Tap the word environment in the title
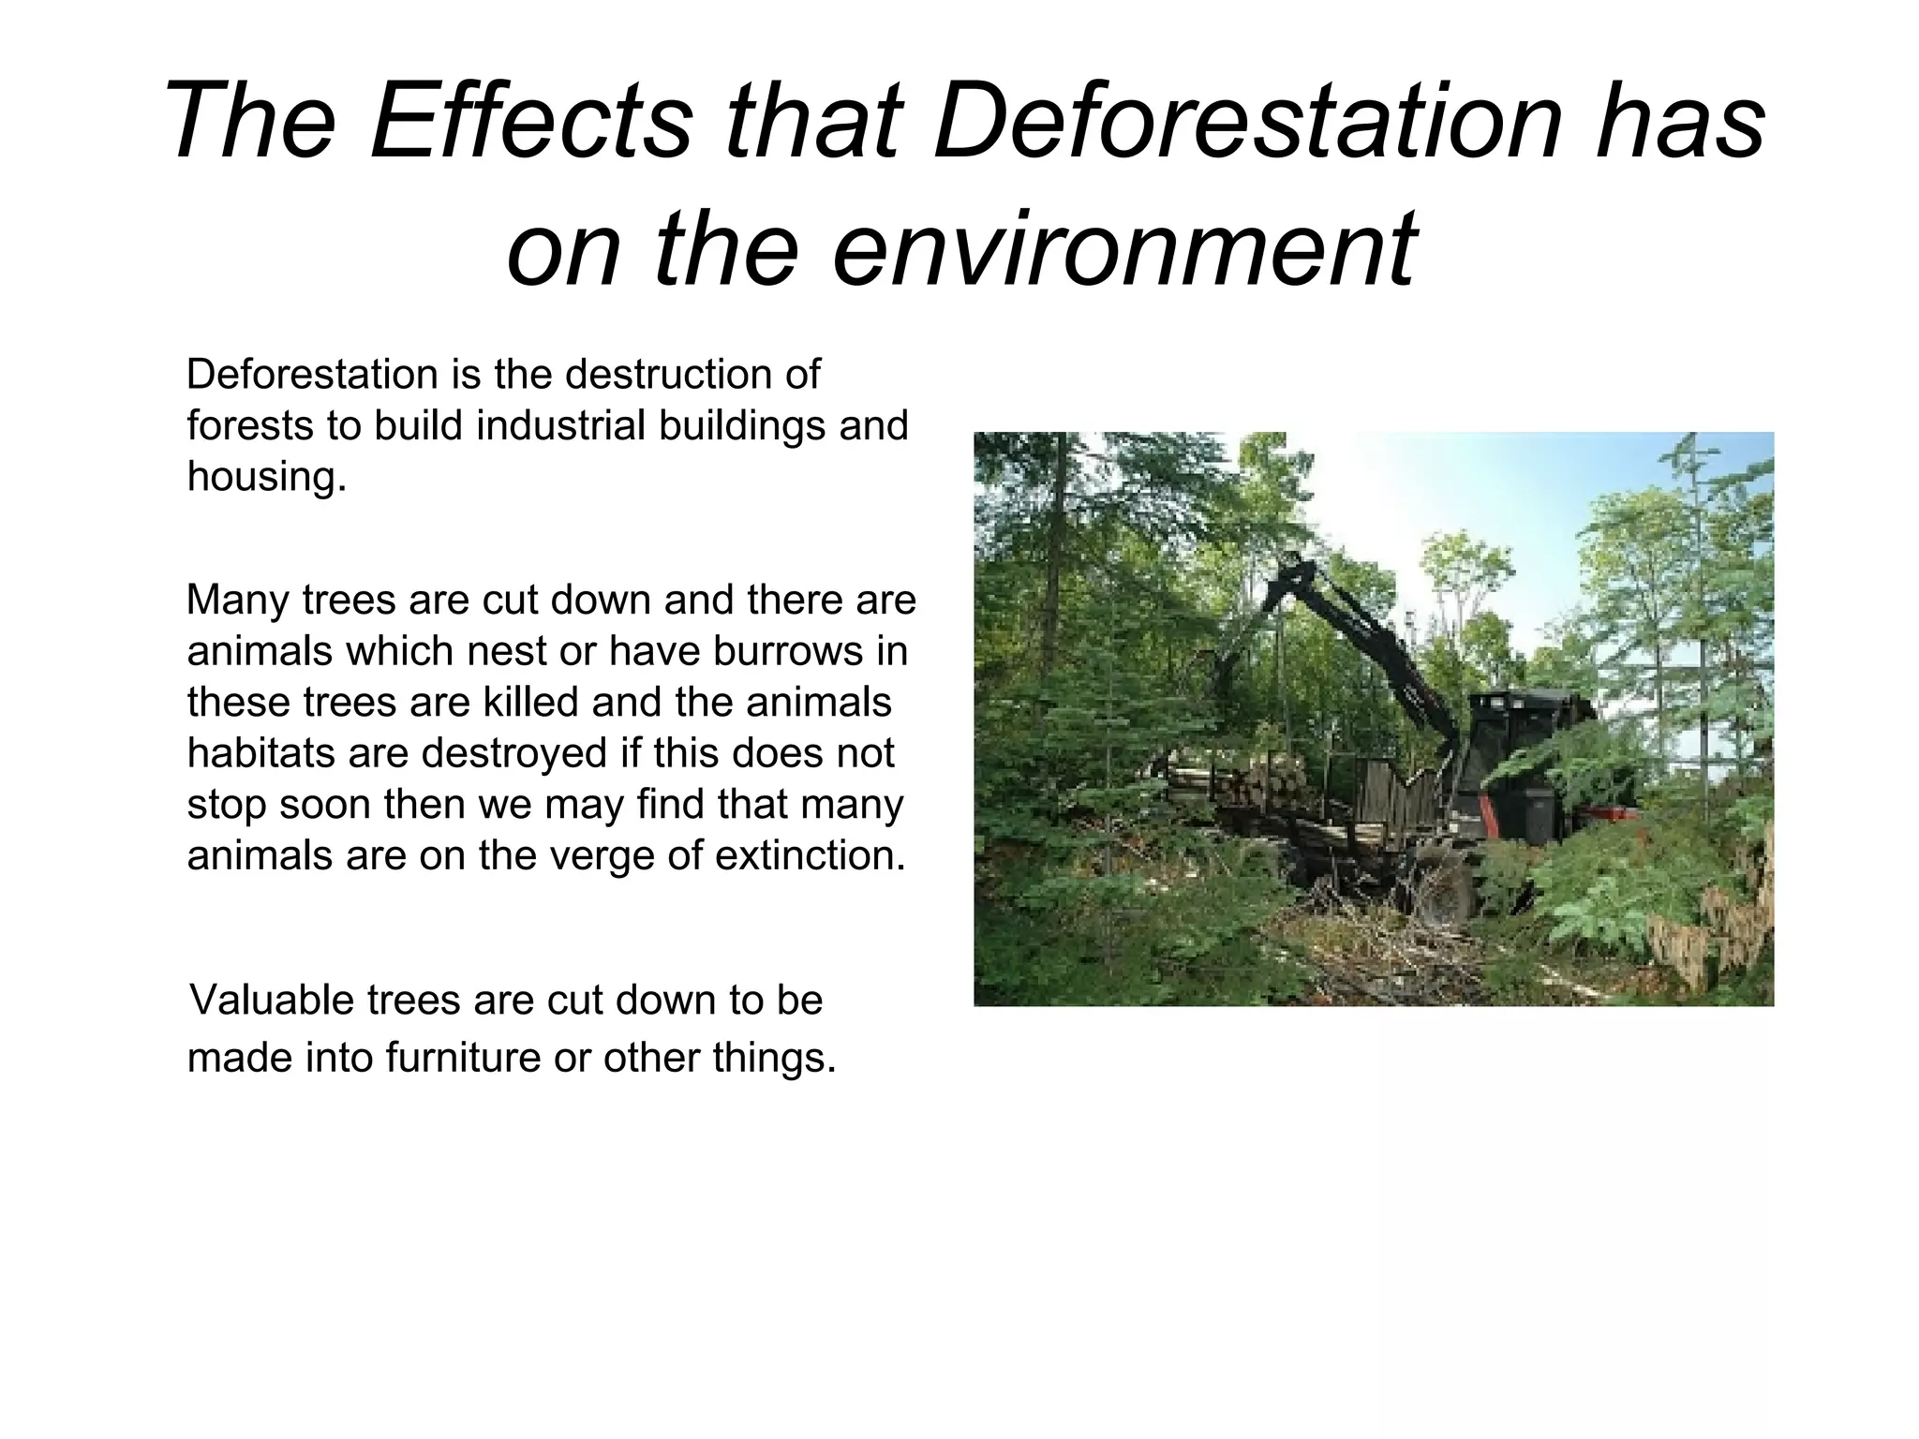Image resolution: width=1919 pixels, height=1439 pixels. (x=1123, y=249)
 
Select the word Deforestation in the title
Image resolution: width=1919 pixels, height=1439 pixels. (x=1246, y=122)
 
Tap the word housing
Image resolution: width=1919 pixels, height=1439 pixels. (x=266, y=476)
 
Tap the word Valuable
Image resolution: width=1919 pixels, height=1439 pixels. (x=271, y=1000)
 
